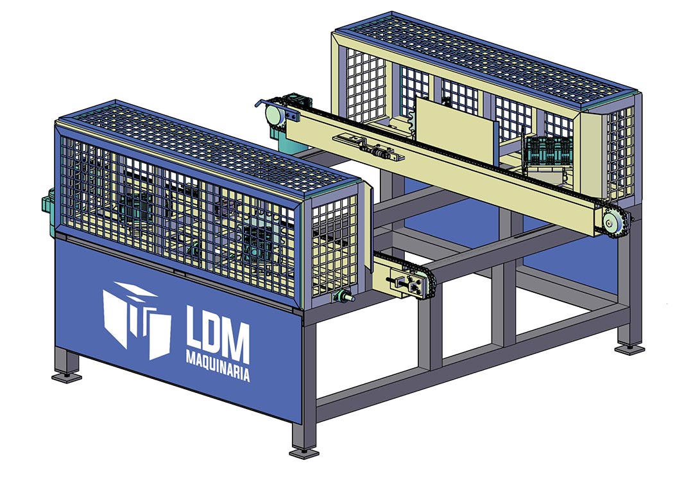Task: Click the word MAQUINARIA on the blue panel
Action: click(218, 365)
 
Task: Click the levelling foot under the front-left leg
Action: click(67, 377)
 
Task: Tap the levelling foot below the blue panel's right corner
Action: click(304, 453)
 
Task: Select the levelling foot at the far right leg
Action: click(629, 349)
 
